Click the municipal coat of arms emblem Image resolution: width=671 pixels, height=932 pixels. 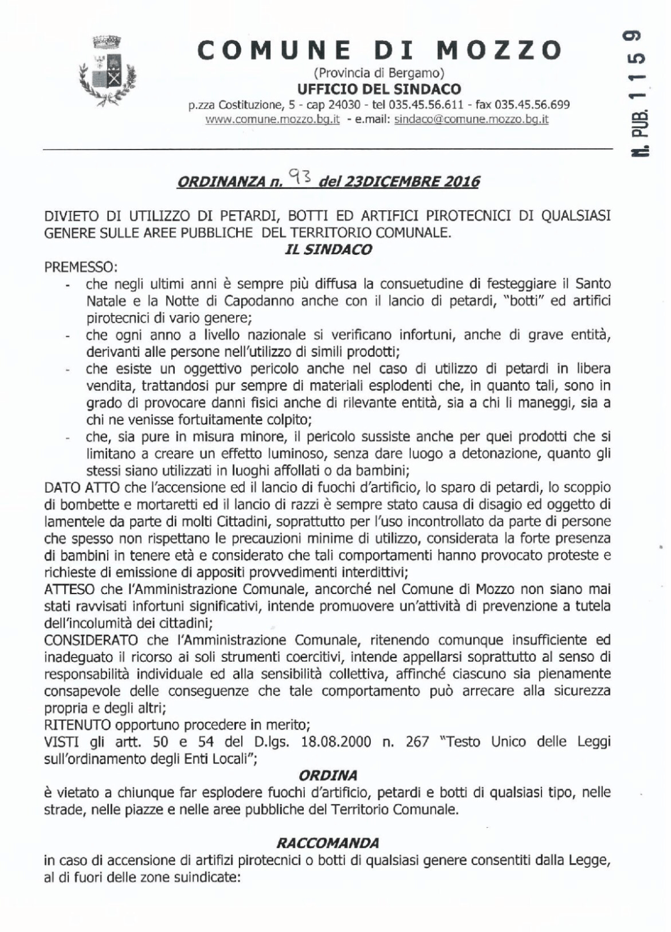108,72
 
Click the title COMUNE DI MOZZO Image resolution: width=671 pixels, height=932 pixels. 379,51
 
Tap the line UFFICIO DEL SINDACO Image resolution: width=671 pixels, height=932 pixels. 379,89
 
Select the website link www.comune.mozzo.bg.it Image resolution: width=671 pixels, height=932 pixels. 273,119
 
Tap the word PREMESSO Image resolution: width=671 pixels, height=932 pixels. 81,267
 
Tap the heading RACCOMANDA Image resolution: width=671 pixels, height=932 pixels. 336,843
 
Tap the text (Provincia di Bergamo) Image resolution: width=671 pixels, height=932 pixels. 379,74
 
